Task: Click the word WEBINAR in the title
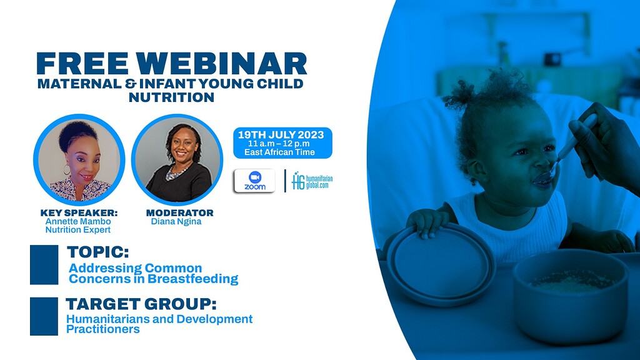click(221, 64)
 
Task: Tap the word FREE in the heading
click(83, 64)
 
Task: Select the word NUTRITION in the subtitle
click(171, 97)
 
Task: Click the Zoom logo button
click(255, 181)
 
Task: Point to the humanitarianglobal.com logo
click(312, 181)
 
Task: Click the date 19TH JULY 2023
click(281, 135)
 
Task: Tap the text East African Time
click(279, 152)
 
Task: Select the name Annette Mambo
click(78, 221)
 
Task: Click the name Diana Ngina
click(176, 222)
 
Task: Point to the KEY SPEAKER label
click(79, 212)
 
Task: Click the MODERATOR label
click(179, 212)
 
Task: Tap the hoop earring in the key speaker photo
click(66, 169)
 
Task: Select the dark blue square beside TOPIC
click(44, 264)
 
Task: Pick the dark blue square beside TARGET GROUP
click(44, 316)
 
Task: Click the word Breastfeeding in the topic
click(192, 279)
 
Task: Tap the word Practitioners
click(103, 329)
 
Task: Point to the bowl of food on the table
click(570, 296)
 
